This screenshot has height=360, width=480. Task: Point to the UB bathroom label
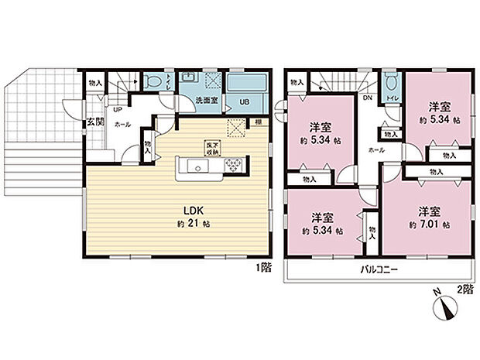click(x=243, y=101)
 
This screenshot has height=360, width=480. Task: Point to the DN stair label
click(x=367, y=98)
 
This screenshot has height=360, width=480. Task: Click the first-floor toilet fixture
click(x=153, y=81)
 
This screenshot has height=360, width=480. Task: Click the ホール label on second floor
click(x=376, y=149)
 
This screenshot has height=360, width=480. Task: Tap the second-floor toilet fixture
click(x=390, y=84)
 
